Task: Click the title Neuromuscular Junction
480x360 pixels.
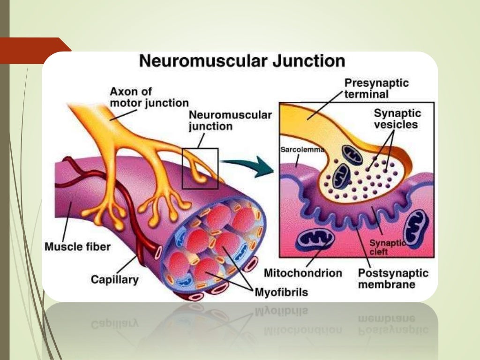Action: [x=242, y=61]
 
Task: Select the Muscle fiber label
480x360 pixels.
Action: [x=77, y=246]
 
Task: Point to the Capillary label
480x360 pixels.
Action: [x=114, y=280]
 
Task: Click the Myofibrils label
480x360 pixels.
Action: [x=281, y=292]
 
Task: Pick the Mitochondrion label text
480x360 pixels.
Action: [x=303, y=272]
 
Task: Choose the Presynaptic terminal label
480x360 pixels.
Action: [x=376, y=88]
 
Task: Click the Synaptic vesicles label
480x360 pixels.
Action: [x=397, y=119]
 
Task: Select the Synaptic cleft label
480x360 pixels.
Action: [x=387, y=247]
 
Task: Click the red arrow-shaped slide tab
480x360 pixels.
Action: [x=35, y=50]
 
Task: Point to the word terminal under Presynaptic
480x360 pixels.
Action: [x=366, y=94]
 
